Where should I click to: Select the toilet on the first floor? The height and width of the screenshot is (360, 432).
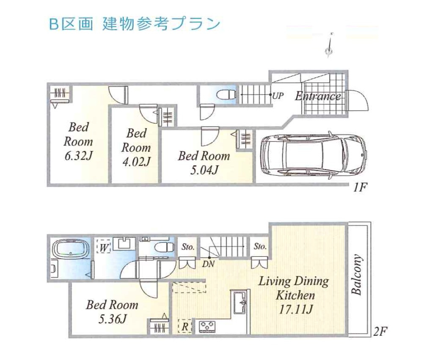point(223,94)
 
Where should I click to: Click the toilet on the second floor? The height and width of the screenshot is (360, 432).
point(163,247)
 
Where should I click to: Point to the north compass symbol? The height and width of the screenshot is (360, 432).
point(329,47)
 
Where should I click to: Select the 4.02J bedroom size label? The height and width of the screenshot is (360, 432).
point(136,161)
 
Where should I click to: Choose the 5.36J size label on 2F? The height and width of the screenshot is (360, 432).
point(112,319)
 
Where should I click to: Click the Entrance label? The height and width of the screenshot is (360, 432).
point(318,96)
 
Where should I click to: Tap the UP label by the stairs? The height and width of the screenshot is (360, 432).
point(278,96)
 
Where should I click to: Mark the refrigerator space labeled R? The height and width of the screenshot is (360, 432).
point(185,326)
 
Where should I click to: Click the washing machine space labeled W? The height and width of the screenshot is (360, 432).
point(103,246)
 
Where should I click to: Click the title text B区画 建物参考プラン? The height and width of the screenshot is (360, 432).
point(135,24)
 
